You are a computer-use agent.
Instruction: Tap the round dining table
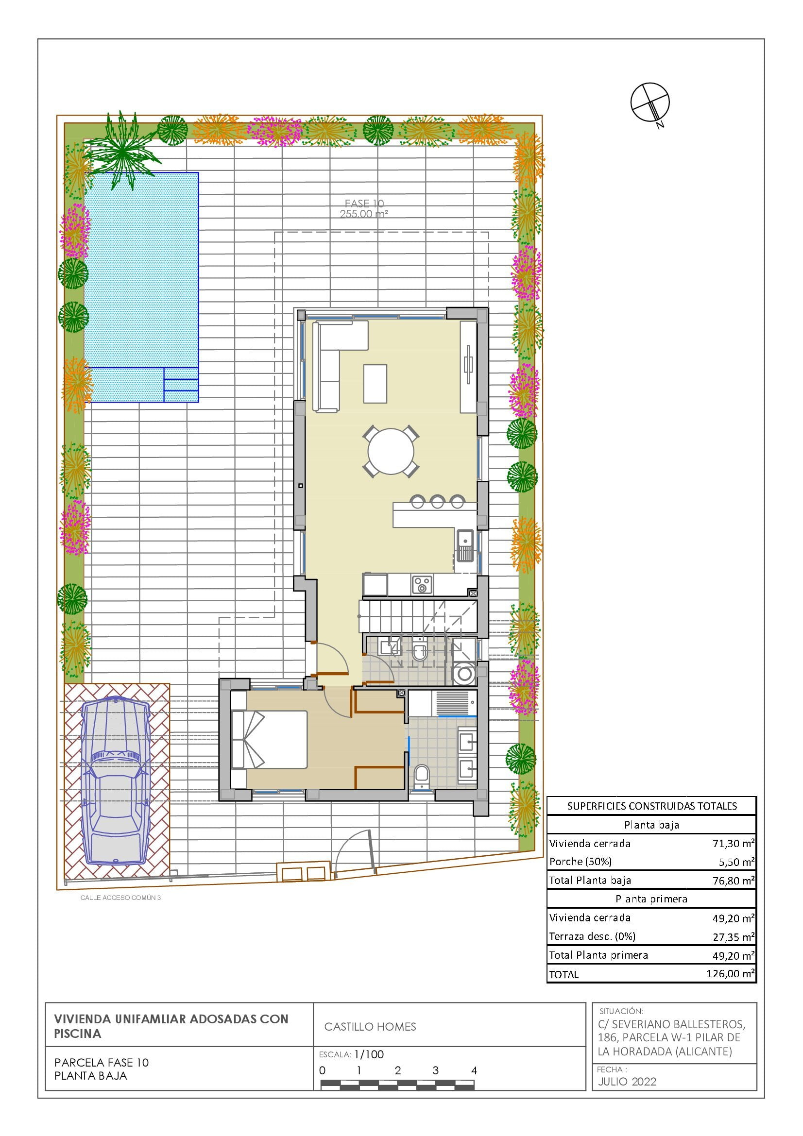point(391,451)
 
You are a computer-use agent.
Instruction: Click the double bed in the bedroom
point(269,739)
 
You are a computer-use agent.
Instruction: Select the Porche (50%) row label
point(581,862)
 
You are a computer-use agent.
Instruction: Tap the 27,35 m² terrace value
point(733,936)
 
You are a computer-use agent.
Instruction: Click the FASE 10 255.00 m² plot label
point(364,208)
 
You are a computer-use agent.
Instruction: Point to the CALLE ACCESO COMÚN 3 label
point(121,898)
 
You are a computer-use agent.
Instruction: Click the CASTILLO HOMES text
point(370,1027)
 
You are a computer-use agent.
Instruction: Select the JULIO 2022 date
point(627,1082)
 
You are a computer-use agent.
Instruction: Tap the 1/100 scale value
point(369,1054)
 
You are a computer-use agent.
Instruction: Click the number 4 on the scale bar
point(474,1071)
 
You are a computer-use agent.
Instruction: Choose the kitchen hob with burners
point(422,584)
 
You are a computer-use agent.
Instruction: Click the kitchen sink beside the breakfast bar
point(465,546)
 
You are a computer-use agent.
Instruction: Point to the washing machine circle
point(464,673)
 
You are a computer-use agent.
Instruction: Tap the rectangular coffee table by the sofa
point(375,384)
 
